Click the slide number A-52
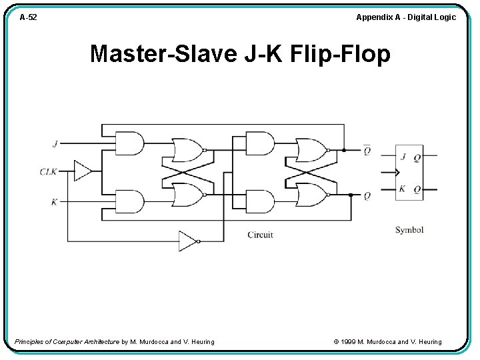coord(28,17)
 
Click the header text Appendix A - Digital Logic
coord(405,17)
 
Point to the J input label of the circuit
coord(55,143)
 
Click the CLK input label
coord(49,171)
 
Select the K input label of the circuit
coord(54,201)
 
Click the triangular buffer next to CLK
coord(83,171)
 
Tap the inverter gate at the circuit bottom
coord(188,241)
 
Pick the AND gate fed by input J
coord(129,143)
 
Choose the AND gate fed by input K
coord(129,201)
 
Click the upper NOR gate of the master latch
coord(187,150)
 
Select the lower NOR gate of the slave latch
coord(311,195)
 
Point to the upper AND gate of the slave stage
coord(259,143)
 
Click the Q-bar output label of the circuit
coord(367,150)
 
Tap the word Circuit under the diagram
coord(260,235)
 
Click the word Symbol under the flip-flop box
coord(409,230)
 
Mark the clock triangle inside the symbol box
coord(397,173)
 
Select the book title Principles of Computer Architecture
coord(67,342)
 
